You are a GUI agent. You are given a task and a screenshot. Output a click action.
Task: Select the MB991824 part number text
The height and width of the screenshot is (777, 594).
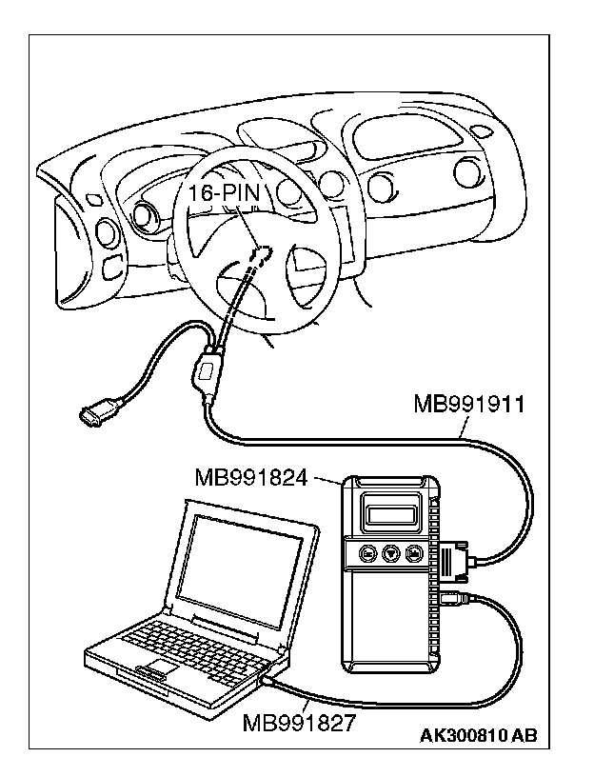tap(250, 475)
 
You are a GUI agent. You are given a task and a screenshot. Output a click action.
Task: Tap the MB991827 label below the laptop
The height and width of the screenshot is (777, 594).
tap(299, 722)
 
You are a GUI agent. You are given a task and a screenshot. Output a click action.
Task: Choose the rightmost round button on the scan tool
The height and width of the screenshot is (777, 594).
tap(414, 553)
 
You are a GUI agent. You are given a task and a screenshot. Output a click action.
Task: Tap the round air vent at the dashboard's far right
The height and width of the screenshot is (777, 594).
tap(465, 172)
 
